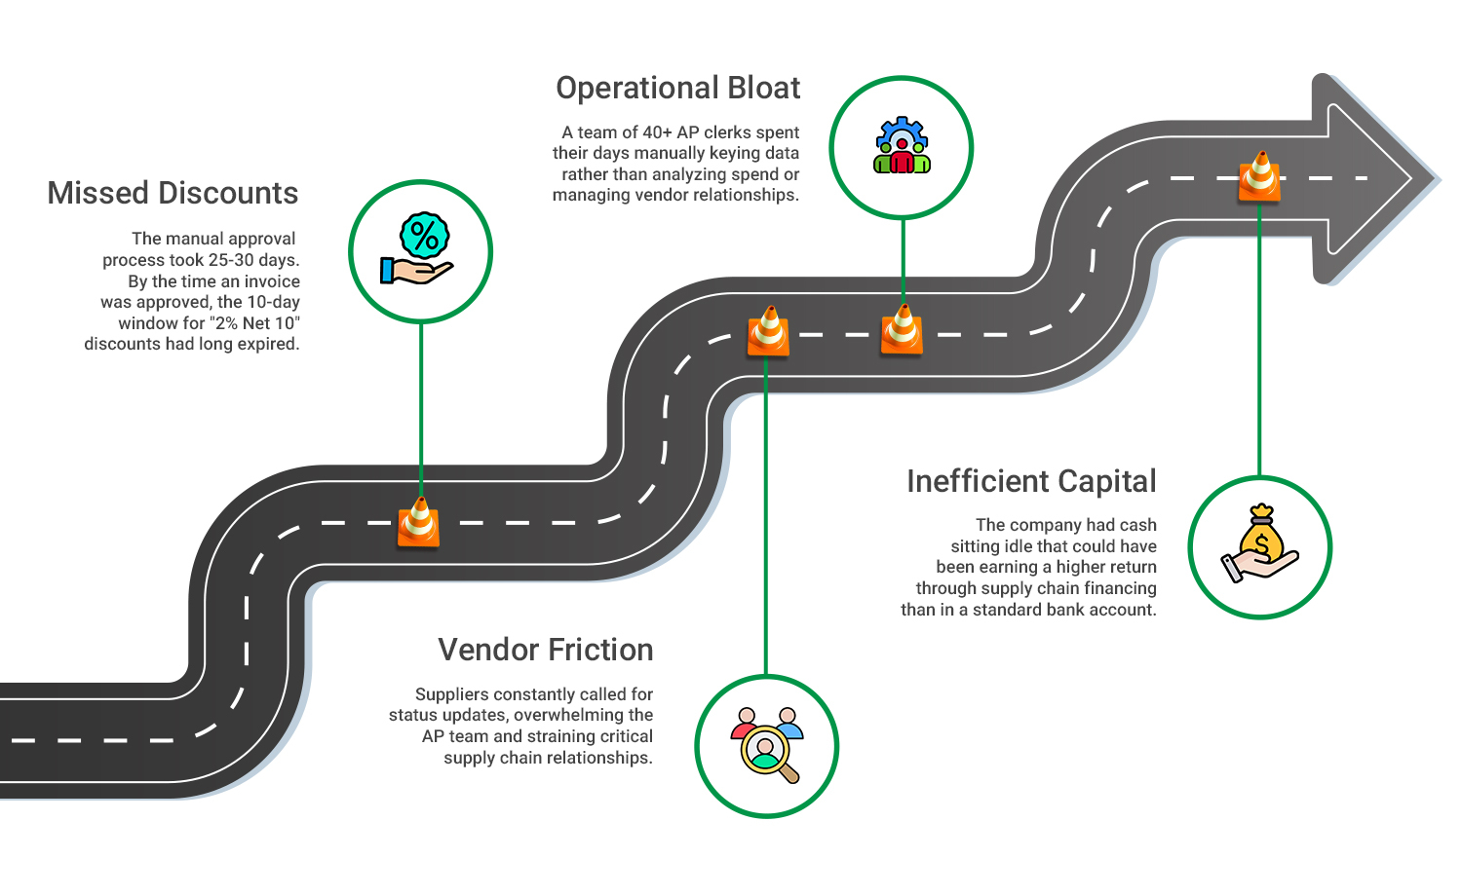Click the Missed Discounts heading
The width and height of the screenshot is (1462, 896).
(173, 193)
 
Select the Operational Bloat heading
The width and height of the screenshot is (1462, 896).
(677, 88)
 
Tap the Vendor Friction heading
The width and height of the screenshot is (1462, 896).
(545, 650)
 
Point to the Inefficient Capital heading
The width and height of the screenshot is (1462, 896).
(1031, 481)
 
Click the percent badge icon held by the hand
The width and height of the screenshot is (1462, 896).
(424, 236)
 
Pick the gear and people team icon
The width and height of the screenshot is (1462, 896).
(902, 146)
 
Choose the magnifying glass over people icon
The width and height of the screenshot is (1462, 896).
(767, 746)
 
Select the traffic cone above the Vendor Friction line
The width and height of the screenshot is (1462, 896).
(768, 331)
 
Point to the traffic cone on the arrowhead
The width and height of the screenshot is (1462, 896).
(1259, 176)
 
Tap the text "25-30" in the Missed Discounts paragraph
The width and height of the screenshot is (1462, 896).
(232, 260)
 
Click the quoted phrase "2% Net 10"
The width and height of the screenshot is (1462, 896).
(254, 323)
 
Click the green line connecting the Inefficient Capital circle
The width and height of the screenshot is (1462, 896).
(1259, 341)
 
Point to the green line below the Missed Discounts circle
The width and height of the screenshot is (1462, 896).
(421, 409)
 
